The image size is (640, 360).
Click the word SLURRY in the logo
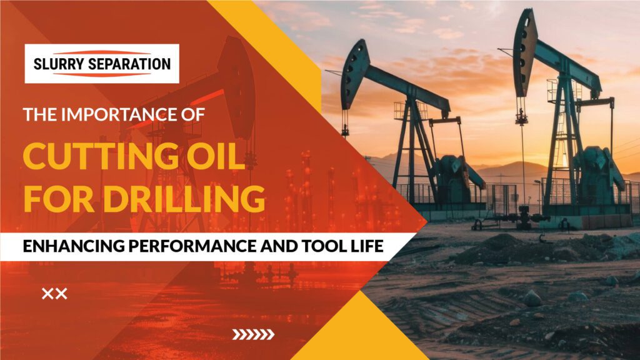[x=58, y=64]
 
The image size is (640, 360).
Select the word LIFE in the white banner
[x=367, y=246]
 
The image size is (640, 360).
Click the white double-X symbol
[x=54, y=294]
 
